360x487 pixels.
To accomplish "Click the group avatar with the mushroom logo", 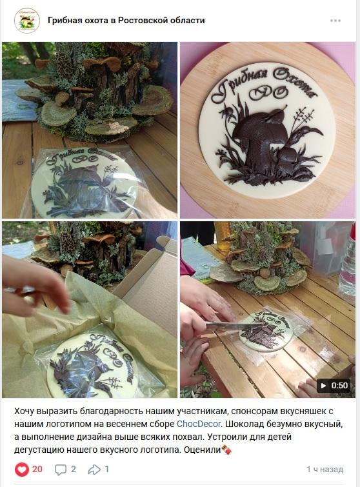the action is [26, 21].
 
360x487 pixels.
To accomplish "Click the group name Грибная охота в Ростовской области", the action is [126, 21].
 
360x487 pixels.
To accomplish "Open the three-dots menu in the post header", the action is [335, 21].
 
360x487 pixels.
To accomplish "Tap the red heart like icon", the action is [21, 470].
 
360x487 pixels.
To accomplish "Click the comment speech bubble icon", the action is [60, 470].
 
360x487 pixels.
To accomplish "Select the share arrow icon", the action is [94, 470].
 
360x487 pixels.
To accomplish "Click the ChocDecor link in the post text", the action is [199, 424].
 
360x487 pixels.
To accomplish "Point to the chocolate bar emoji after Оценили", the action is [226, 450].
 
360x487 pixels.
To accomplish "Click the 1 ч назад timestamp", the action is [325, 470].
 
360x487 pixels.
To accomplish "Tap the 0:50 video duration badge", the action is [334, 386].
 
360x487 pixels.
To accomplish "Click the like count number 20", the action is [37, 469].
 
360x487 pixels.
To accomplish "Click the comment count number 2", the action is [74, 469].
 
